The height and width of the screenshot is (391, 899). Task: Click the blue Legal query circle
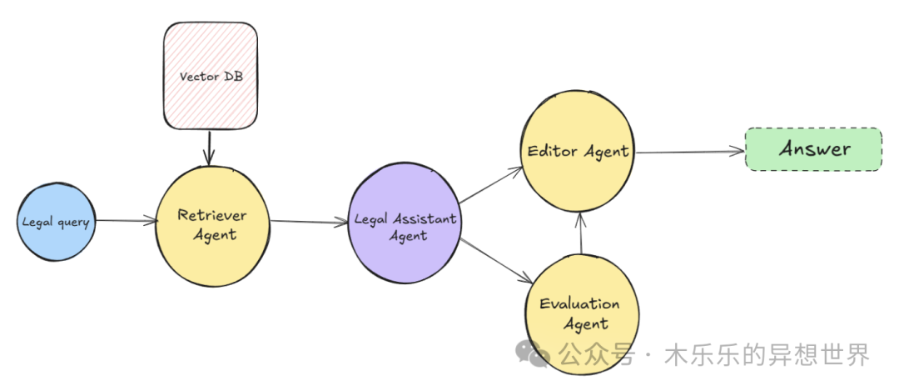click(57, 223)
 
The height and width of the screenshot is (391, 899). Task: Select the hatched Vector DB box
click(211, 76)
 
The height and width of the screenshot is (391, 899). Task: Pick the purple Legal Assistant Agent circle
click(405, 223)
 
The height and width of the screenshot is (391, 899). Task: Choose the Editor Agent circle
click(577, 151)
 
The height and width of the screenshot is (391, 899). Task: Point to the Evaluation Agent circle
click(582, 314)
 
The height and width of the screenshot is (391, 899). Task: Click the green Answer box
click(813, 149)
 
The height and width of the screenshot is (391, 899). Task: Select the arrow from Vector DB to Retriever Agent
click(209, 148)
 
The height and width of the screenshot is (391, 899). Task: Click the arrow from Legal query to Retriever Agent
click(127, 220)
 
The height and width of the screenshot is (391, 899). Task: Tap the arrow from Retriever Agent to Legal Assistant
click(309, 223)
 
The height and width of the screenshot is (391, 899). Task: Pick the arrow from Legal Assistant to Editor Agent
click(491, 185)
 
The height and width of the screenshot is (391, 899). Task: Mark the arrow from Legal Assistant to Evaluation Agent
click(496, 260)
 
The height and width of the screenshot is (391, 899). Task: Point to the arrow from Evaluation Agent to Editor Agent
click(581, 233)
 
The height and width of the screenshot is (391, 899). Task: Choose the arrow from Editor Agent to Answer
click(690, 153)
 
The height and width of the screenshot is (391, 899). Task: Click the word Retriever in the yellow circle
click(211, 215)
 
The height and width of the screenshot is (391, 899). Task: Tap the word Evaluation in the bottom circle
click(579, 303)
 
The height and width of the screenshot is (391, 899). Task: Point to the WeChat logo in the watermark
click(533, 353)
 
